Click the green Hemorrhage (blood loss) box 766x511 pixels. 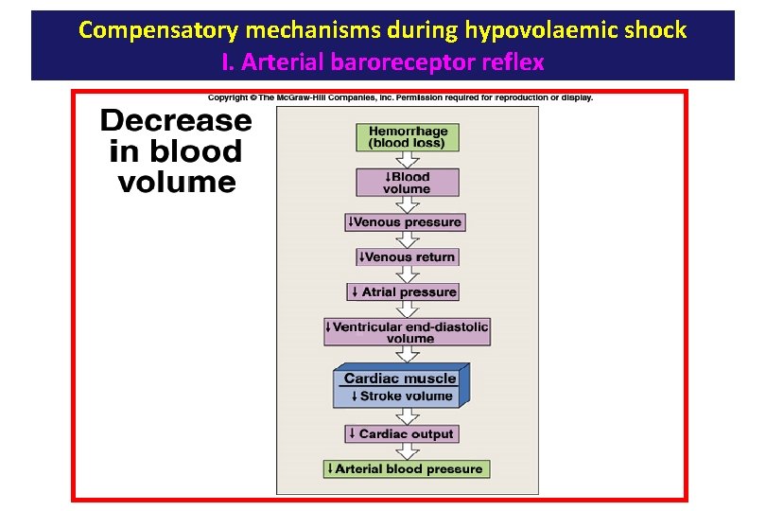pos(407,137)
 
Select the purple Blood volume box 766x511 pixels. pos(407,183)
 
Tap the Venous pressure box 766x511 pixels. pos(405,222)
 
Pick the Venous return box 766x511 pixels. pos(407,257)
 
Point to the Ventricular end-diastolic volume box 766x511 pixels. pos(407,332)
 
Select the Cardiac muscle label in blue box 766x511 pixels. pos(399,379)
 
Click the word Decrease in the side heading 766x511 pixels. pos(176,121)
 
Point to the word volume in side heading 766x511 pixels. pos(176,182)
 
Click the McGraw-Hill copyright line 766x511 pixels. pos(400,97)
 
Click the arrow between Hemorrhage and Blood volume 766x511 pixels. pos(407,160)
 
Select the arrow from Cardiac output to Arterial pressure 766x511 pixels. pos(407,451)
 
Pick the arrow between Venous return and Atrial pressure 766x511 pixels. pos(407,274)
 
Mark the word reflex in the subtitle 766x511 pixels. pos(516,62)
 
